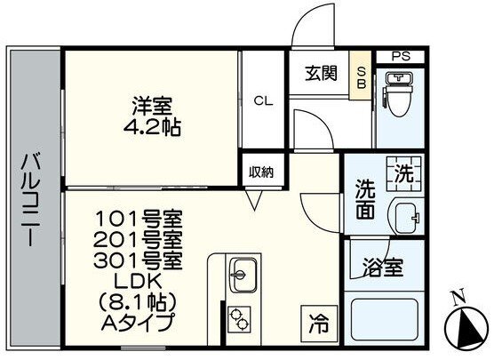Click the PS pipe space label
click(401, 57)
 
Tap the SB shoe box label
click(361, 78)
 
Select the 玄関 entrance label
click(322, 73)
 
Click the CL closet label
click(263, 101)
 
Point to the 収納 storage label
click(261, 172)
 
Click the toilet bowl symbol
click(399, 94)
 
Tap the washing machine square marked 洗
click(404, 173)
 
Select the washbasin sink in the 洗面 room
click(405, 216)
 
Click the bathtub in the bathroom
click(385, 320)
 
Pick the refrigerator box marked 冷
click(319, 324)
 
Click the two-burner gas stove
click(238, 319)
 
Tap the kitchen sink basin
click(243, 275)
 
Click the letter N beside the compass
click(458, 296)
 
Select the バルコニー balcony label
click(30, 199)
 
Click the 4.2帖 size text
click(152, 127)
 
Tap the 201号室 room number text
click(138, 242)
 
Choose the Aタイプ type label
click(138, 322)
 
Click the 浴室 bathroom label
click(382, 268)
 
